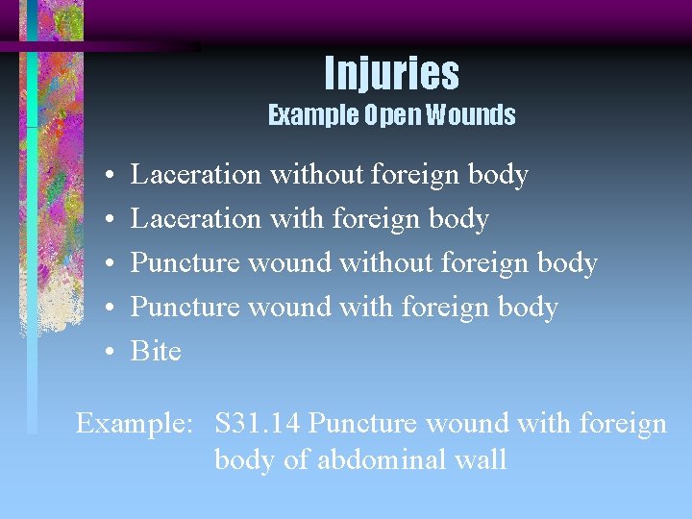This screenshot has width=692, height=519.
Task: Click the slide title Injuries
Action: [x=391, y=73]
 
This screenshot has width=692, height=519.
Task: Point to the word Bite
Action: [x=156, y=351]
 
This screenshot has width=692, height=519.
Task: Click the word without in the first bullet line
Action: [x=315, y=174]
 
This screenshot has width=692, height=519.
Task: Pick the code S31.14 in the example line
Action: [x=259, y=423]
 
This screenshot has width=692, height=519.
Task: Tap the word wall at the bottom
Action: [x=484, y=459]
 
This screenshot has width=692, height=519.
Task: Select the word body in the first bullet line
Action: [x=497, y=174]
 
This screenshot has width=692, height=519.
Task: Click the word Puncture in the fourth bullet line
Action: [x=185, y=307]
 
